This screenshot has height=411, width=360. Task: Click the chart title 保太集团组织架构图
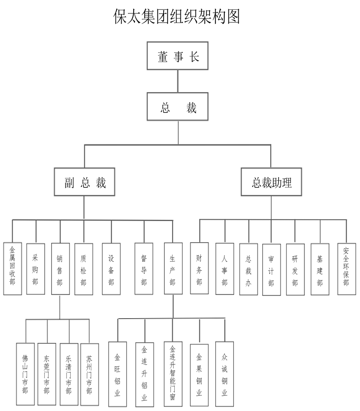coord(177,17)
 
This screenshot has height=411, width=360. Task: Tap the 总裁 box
coord(178,106)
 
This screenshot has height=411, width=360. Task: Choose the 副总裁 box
coord(84,182)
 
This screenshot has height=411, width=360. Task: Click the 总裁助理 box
coord(271,182)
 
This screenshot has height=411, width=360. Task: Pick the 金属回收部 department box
coord(12,269)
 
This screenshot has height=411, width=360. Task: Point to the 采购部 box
coord(36,269)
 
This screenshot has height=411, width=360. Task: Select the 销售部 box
coord(60,269)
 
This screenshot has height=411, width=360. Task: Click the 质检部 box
coord(84,269)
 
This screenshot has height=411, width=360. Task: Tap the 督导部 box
coord(144,269)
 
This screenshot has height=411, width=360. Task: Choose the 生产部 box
coord(173,269)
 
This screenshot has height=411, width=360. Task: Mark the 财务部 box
coord(199,269)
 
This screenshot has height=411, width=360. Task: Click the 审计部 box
coord(271,270)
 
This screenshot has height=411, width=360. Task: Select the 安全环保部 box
coord(346,269)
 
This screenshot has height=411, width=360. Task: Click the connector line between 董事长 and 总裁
coord(178,81)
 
